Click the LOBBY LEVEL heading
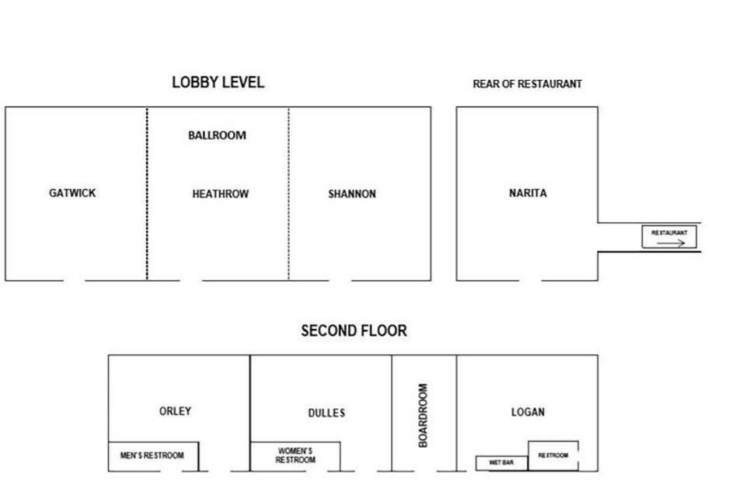[x=218, y=82]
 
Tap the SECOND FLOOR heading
[x=354, y=331]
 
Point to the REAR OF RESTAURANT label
[x=527, y=84]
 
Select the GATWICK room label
[x=72, y=193]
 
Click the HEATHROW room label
[x=220, y=194]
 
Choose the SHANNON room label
[x=352, y=194]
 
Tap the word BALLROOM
[x=217, y=135]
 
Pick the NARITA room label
[x=528, y=193]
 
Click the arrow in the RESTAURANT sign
[x=671, y=243]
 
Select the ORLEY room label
[x=175, y=410]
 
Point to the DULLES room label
[x=326, y=413]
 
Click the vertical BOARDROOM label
[x=423, y=416]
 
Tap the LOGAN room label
[x=528, y=412]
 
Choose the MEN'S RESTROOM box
[x=153, y=456]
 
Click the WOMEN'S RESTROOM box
[x=295, y=456]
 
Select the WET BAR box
[x=502, y=463]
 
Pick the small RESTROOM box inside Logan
[x=553, y=456]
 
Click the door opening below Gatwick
[x=75, y=281]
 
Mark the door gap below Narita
[x=530, y=281]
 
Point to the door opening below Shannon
[x=340, y=281]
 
